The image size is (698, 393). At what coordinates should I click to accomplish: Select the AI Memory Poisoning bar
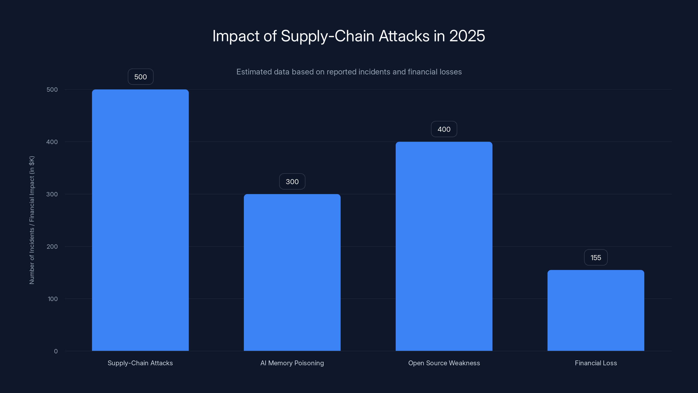(292, 272)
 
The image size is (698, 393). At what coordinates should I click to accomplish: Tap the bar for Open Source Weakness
(444, 246)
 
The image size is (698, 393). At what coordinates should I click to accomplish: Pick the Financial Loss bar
(595, 310)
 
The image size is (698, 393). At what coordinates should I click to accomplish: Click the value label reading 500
(140, 77)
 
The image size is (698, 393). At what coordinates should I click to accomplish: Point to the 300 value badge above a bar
(292, 181)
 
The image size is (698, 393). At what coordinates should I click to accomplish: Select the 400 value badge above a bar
(444, 129)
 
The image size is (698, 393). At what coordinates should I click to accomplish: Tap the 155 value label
(595, 257)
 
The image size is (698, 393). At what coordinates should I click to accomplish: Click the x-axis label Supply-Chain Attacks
(140, 363)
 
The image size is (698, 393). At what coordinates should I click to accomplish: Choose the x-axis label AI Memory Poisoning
(292, 363)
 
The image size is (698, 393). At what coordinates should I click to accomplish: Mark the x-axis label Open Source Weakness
(444, 363)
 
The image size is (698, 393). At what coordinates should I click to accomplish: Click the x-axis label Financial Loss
(595, 363)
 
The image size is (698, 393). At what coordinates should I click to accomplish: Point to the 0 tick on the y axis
(56, 351)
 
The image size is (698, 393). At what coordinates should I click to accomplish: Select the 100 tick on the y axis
(53, 299)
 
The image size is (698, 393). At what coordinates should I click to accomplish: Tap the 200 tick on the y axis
(52, 246)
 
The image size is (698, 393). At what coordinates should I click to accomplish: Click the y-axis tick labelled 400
(52, 142)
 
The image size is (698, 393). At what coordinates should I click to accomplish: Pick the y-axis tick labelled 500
(52, 90)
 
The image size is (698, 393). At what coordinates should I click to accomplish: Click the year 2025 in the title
(467, 36)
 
